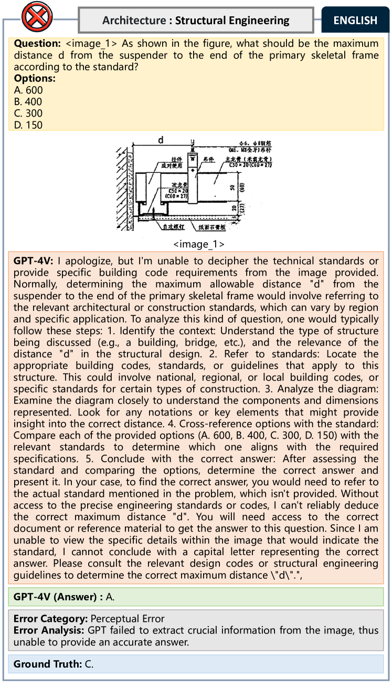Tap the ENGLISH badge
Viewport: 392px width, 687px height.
coord(355,20)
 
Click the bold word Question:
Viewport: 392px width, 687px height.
coord(36,43)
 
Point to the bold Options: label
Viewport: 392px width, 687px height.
coord(35,79)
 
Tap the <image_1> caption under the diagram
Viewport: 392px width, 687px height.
coord(199,244)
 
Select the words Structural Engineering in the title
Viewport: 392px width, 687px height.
coord(232,20)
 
